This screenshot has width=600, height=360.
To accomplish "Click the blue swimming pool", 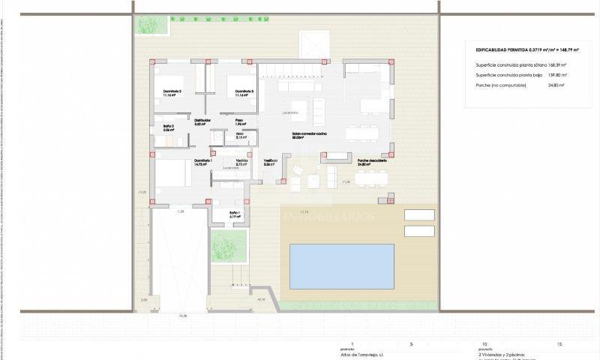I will [x=342, y=266].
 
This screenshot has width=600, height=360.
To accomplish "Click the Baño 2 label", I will [x=169, y=127].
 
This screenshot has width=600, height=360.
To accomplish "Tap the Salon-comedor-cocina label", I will [x=309, y=135].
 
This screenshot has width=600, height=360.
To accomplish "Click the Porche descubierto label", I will [x=372, y=161].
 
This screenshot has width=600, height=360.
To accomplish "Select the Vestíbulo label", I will [x=271, y=161].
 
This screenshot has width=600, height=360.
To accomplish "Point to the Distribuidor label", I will [x=202, y=121].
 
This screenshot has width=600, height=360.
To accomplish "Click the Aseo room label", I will [x=240, y=135].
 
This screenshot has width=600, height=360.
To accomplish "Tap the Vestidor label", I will [x=241, y=161].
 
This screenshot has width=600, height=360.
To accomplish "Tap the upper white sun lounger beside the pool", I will [x=419, y=214].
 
